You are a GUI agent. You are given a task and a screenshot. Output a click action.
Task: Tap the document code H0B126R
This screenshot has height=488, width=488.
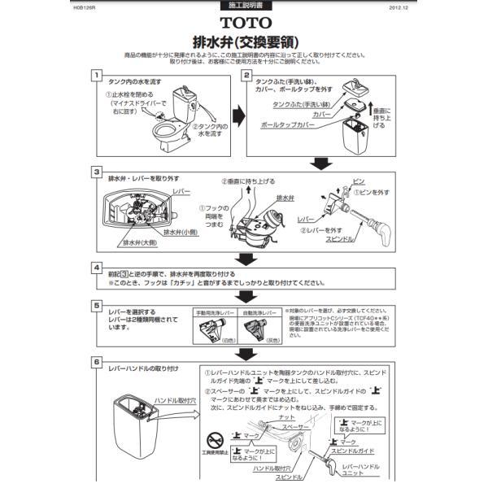83,7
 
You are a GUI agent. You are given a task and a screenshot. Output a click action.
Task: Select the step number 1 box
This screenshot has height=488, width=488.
97,76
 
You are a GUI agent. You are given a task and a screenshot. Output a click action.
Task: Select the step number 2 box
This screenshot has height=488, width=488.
248,76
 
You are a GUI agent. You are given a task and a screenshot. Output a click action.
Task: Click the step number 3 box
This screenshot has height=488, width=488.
97,172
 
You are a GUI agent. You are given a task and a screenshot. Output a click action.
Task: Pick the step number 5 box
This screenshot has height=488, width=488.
97,306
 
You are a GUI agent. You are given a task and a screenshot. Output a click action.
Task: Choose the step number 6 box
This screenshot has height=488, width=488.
97,362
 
